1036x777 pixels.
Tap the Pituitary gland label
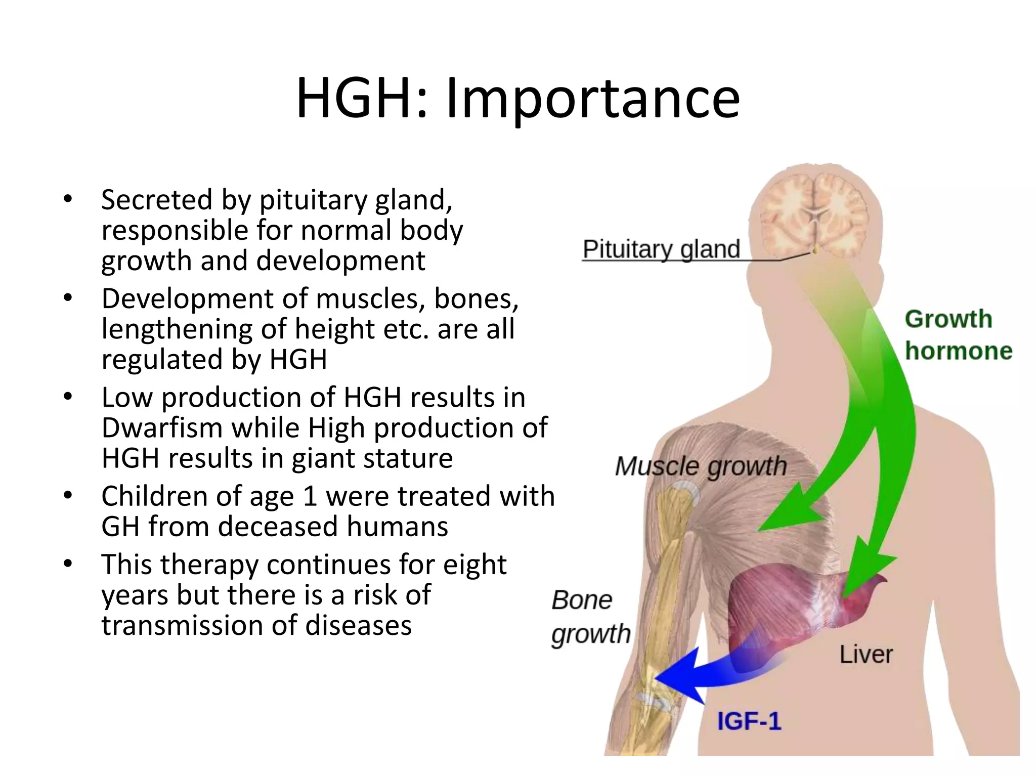pyautogui.click(x=661, y=249)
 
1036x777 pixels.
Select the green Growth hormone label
pyautogui.click(x=958, y=335)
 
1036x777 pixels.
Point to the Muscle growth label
pyautogui.click(x=701, y=466)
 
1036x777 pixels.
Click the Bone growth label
pyautogui.click(x=590, y=617)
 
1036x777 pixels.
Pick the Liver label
pyautogui.click(x=866, y=655)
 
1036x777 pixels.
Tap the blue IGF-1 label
pyautogui.click(x=749, y=721)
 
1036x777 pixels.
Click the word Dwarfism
pyautogui.click(x=162, y=428)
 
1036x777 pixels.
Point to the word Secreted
pyautogui.click(x=156, y=200)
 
